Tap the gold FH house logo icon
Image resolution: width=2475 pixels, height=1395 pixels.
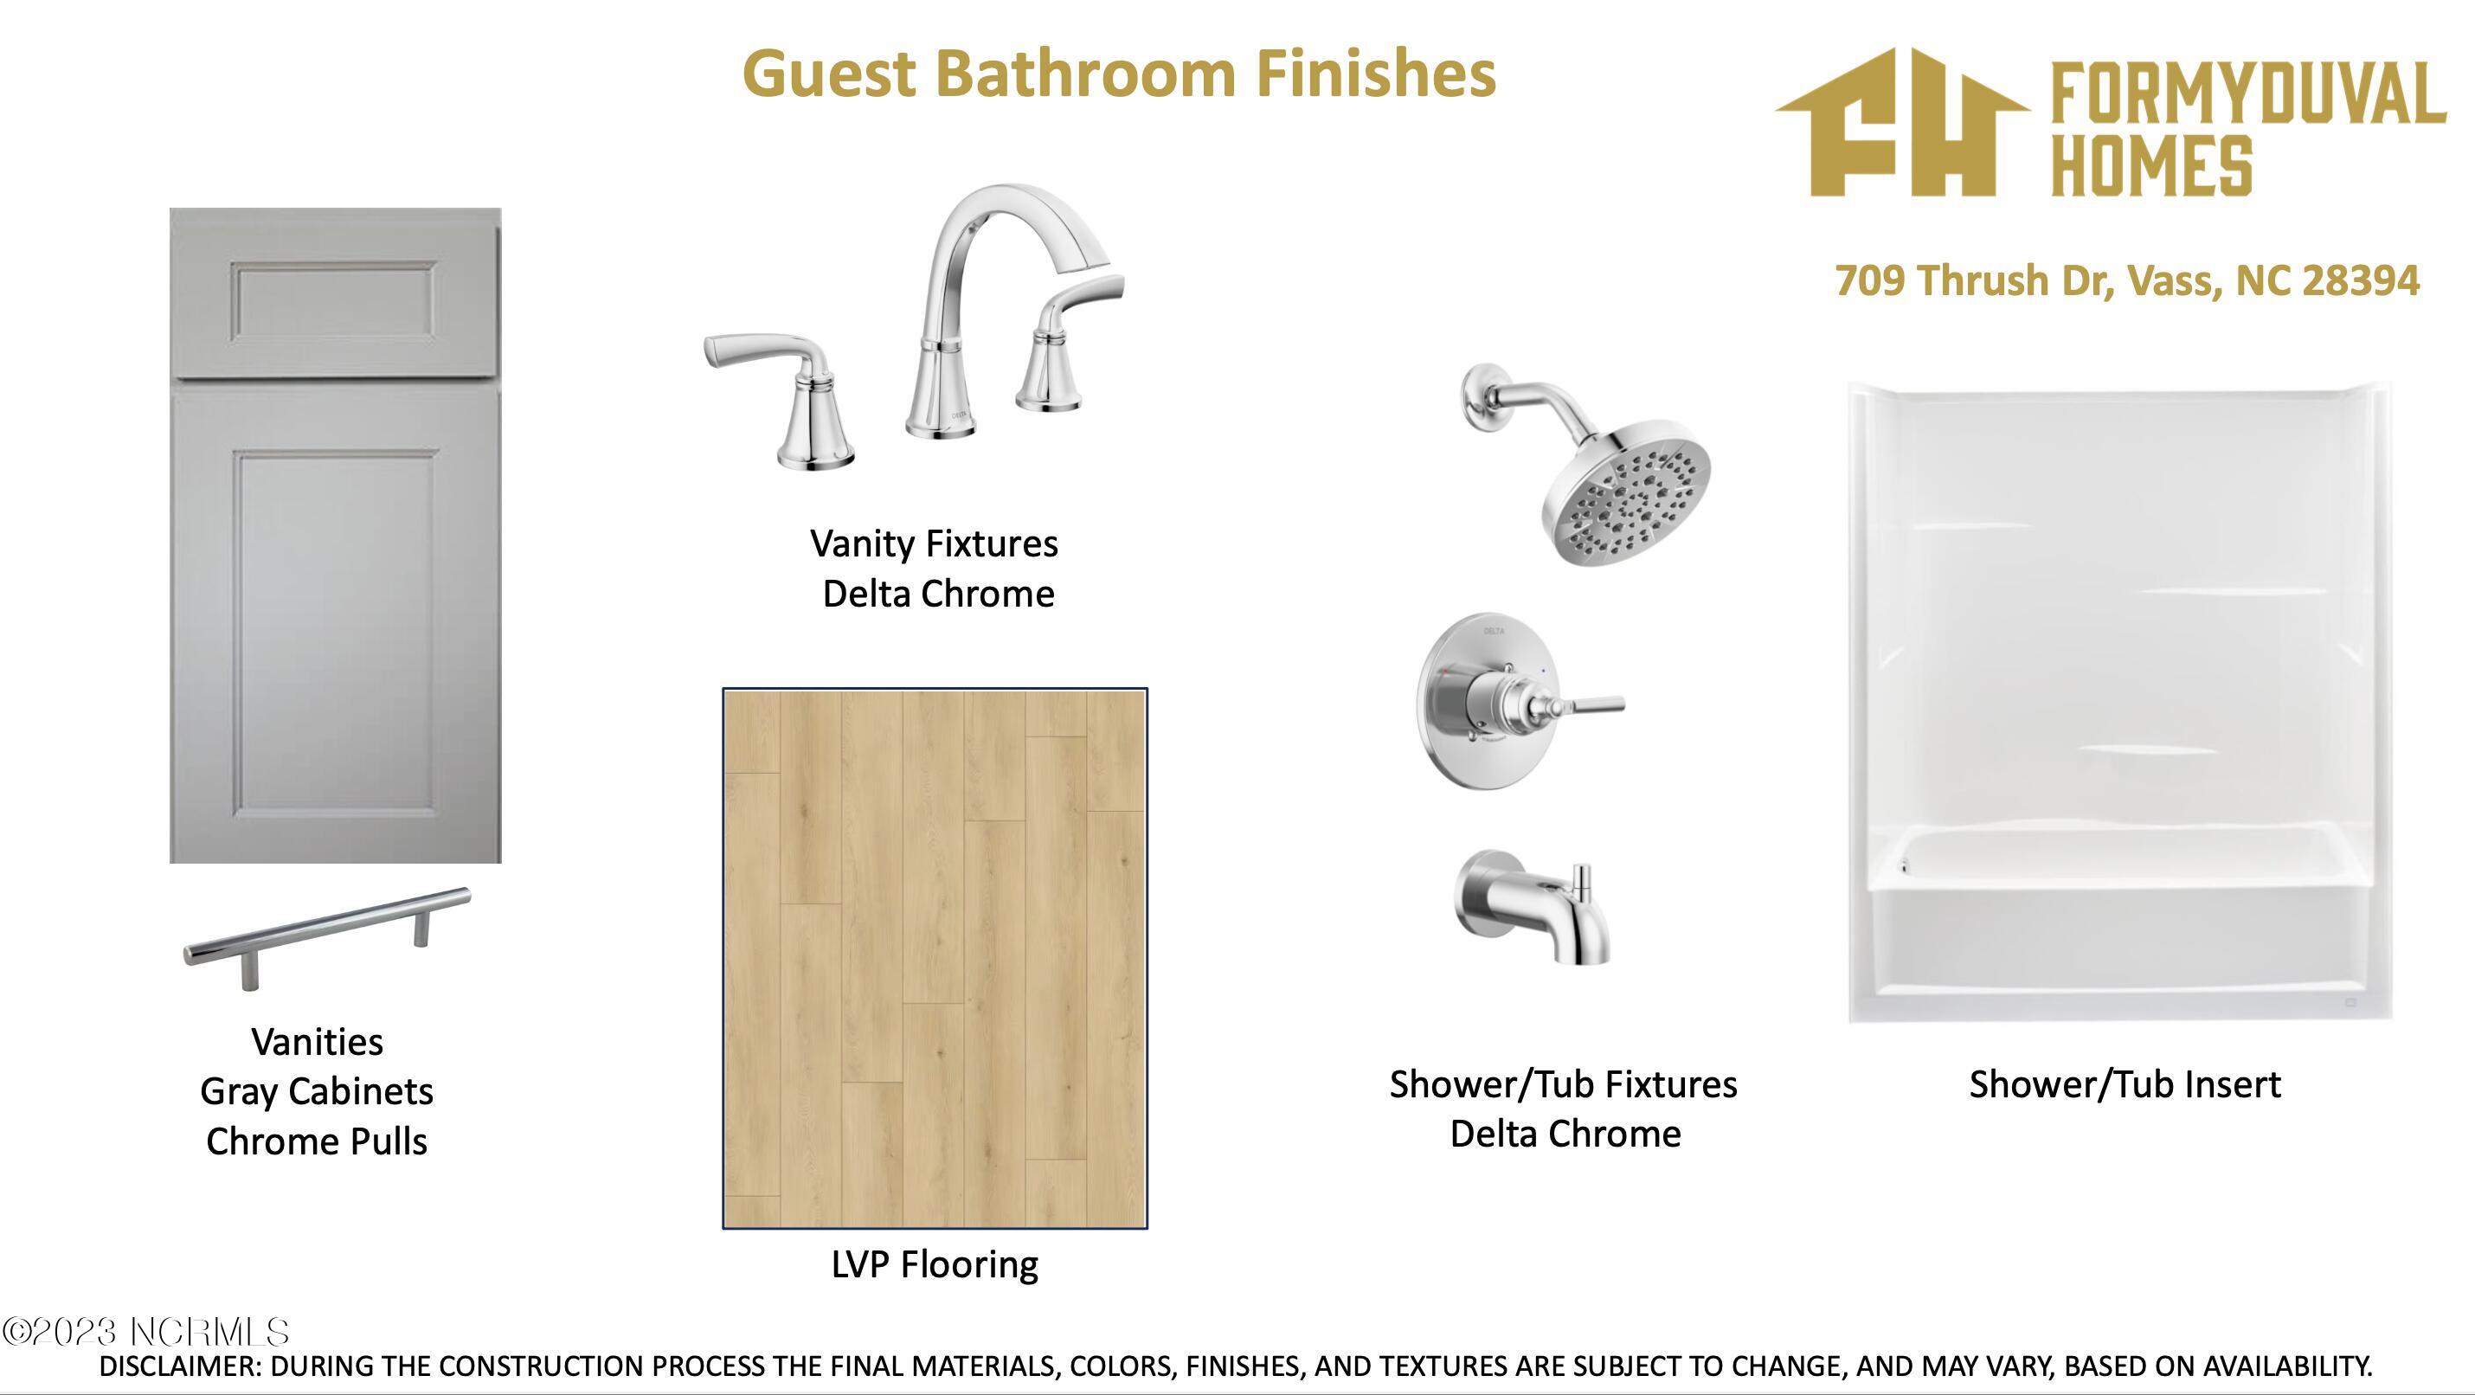[x=1901, y=122]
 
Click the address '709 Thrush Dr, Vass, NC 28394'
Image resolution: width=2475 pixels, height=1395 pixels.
[x=2127, y=280]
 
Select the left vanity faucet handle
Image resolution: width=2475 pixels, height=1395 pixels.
[x=783, y=399]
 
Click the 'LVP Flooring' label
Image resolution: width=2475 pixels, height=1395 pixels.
[x=935, y=1264]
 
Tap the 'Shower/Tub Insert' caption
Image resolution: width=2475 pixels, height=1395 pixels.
[x=2125, y=1084]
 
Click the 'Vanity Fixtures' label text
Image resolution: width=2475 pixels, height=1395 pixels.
[x=934, y=543]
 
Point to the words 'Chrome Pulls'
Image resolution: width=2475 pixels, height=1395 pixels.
[x=317, y=1141]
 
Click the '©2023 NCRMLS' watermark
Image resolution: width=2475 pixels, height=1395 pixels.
[x=145, y=1332]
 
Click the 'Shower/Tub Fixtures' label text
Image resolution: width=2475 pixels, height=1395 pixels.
[x=1563, y=1084]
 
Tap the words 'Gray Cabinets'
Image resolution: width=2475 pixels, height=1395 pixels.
[x=317, y=1091]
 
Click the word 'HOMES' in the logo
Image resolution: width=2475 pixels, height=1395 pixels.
[x=2151, y=166]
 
